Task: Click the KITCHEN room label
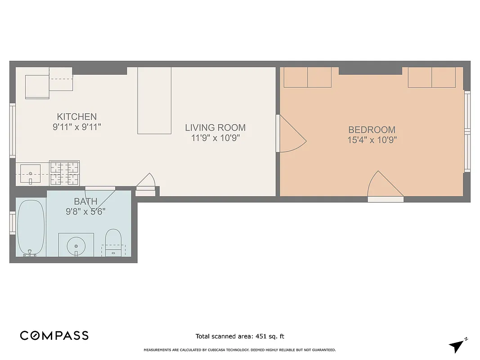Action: coord(76,117)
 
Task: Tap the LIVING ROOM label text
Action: coord(215,128)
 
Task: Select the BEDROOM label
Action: coord(372,130)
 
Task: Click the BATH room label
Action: coord(85,201)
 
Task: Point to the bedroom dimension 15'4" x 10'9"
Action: coord(372,140)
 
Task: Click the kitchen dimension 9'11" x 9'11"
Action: coord(76,127)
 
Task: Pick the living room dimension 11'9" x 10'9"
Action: coord(215,138)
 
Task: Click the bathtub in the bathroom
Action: coord(31,227)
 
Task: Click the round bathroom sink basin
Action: coord(76,246)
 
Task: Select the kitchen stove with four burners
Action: coord(64,173)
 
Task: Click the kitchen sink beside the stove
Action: coord(30,174)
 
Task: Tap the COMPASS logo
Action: coord(54,336)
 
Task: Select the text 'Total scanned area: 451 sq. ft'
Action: coord(240,336)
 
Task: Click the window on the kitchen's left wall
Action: coord(13,130)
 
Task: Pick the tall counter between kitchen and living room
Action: coord(154,100)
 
